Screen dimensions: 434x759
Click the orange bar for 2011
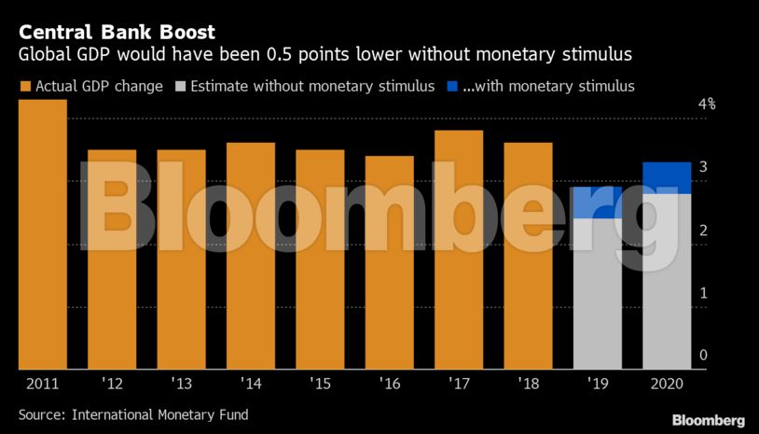coord(42,233)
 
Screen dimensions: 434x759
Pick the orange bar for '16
coord(390,261)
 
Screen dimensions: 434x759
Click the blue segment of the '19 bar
coord(598,203)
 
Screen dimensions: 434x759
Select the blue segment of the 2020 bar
coord(667,177)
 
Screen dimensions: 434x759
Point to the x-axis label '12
coord(112,384)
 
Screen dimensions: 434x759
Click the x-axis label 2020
coord(667,384)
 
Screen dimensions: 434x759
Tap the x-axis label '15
coord(320,384)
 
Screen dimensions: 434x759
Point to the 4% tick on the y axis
coord(707,105)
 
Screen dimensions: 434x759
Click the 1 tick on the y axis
coord(704,293)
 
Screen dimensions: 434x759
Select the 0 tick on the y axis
coord(704,356)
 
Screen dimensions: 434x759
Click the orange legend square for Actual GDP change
coord(25,87)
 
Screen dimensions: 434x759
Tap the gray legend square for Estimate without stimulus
coord(180,87)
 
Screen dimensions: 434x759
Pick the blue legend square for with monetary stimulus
coord(452,87)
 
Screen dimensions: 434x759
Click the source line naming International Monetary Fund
coord(133,413)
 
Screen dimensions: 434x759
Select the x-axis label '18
coord(528,384)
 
